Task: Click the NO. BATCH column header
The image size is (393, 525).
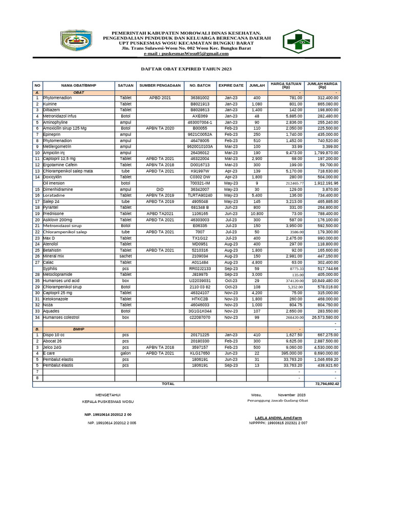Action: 200,86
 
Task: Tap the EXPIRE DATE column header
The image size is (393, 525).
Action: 231,86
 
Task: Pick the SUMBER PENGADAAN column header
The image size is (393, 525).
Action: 160,86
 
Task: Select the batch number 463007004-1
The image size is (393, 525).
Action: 200,123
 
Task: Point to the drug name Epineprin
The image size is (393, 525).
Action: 53,134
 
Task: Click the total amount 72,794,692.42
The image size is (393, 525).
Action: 322,383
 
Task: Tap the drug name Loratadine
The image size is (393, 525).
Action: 54,195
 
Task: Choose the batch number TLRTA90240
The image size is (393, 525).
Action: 200,195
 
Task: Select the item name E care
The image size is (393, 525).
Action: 49,353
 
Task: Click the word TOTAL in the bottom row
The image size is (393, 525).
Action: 168,383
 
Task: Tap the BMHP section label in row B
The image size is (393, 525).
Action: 78,329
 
